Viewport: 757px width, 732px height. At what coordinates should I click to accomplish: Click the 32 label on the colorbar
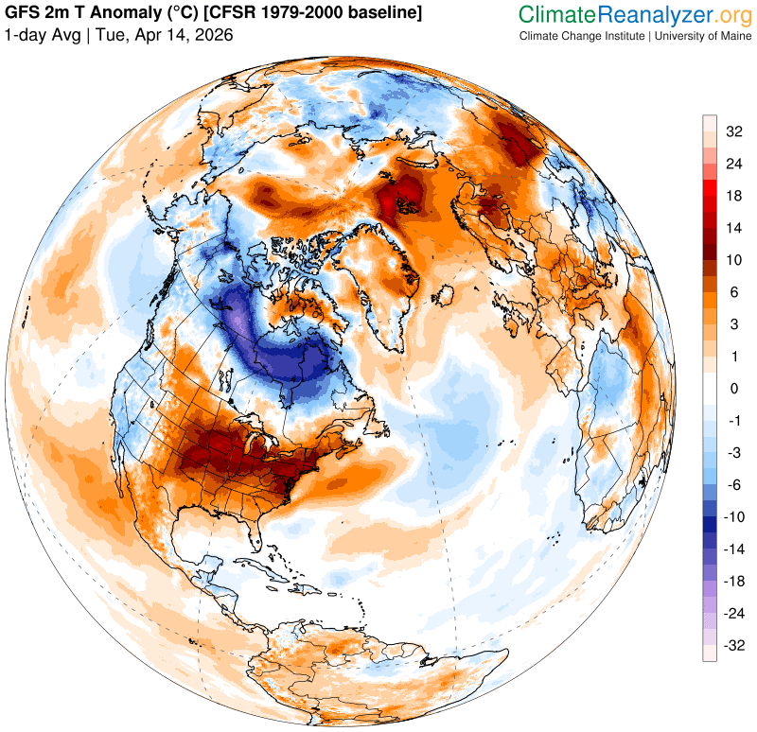pos(734,131)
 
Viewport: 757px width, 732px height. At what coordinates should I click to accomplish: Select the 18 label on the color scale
pos(734,196)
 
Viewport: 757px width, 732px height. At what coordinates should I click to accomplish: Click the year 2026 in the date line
pos(214,35)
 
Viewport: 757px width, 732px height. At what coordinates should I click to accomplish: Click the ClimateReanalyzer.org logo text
pos(634,14)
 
